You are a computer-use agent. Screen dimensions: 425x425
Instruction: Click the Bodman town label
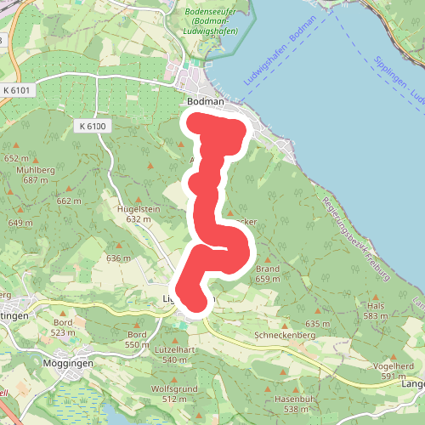205,102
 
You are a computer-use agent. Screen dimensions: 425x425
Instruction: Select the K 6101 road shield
16,90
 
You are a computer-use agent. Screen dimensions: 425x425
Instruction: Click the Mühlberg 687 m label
35,174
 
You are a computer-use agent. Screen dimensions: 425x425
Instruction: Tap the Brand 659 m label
268,274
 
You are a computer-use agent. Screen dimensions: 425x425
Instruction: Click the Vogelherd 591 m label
393,371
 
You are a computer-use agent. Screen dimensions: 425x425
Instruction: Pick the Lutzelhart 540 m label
177,354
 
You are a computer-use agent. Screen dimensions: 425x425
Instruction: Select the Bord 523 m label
62,327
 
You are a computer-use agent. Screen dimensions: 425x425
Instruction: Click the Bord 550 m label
138,339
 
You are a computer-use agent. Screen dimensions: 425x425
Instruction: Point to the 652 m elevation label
16,159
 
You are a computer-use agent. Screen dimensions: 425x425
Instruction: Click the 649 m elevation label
20,223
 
